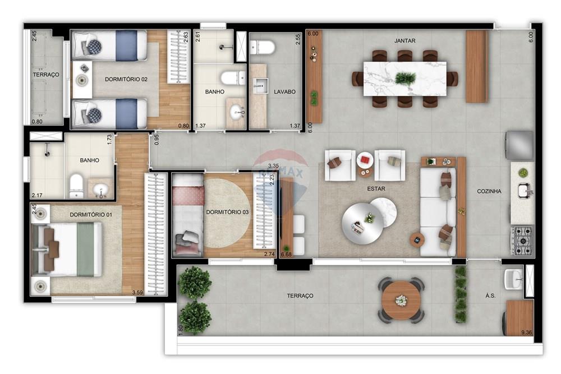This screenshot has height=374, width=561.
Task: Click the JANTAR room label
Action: click(404, 40)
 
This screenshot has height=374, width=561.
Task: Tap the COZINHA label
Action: click(489, 191)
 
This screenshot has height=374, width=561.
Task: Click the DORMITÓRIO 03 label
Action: click(227, 212)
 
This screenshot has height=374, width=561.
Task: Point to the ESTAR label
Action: click(376, 189)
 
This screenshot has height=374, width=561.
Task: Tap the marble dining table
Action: click(404, 79)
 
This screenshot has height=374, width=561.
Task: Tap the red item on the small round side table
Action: click(365, 159)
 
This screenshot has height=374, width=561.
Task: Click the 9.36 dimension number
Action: click(526, 334)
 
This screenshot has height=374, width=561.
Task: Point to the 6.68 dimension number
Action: click(286, 255)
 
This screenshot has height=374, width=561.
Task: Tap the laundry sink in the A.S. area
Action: click(513, 279)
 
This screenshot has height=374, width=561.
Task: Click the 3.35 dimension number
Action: click(274, 166)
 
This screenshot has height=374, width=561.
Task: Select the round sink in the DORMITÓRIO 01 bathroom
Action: click(102, 190)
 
